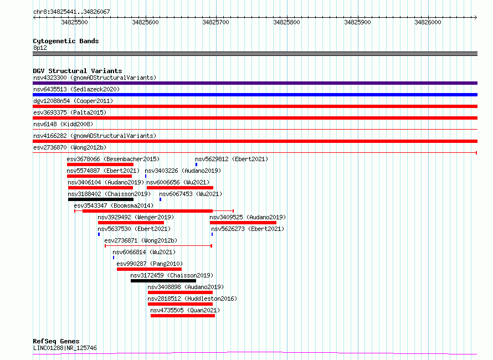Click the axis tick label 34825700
coord(215,22)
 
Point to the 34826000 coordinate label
coord(428,22)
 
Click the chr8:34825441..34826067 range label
coord(71,12)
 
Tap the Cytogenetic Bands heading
coord(66,41)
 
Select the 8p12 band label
coord(40,48)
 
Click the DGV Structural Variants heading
coord(78,71)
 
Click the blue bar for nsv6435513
coord(255,95)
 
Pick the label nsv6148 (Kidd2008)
coord(63,124)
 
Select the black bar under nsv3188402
coord(101,199)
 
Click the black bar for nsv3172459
coord(163,281)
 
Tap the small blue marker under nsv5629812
coord(196,164)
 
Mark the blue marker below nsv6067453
coord(160,199)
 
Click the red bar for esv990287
coord(149,269)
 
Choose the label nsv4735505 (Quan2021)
coord(185,310)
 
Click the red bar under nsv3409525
coord(243,223)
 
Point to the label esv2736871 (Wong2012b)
coord(141,240)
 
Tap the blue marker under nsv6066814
coord(114,258)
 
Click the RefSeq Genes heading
coord(56,341)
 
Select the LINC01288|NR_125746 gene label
coord(65,348)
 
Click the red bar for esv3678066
coord(100,164)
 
